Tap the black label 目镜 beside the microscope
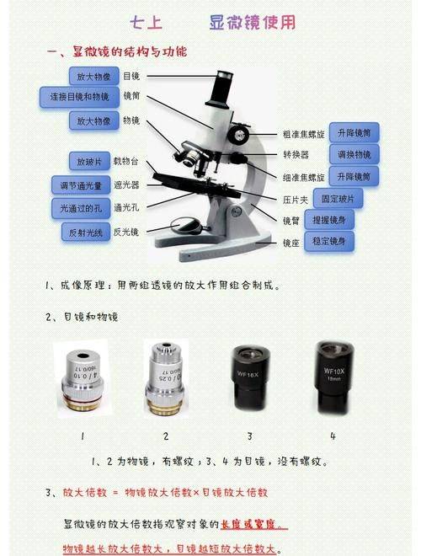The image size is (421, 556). pyautogui.click(x=131, y=77)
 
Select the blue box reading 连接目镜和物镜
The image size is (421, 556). pyautogui.click(x=76, y=97)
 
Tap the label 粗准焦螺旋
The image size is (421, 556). pyautogui.click(x=304, y=134)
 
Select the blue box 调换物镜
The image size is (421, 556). pyautogui.click(x=354, y=155)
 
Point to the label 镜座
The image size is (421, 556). pyautogui.click(x=291, y=243)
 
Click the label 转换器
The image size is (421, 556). pyautogui.click(x=296, y=156)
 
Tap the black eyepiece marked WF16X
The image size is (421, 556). pyautogui.click(x=249, y=377)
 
